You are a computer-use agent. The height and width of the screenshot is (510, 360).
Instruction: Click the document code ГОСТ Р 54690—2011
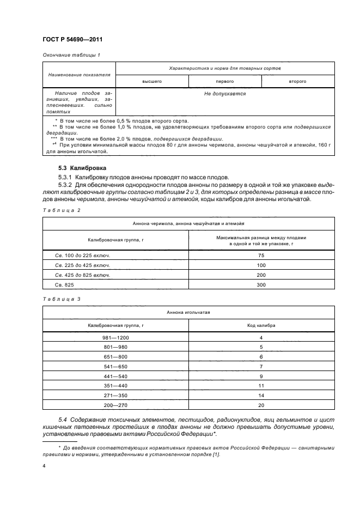pos(72,40)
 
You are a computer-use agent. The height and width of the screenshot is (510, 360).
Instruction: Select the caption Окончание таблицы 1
pos(71,55)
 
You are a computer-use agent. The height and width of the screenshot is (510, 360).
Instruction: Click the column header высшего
pos(152,81)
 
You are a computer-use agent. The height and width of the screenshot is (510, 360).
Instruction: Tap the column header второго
pos(297,81)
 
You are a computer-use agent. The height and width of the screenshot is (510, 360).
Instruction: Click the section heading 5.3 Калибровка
pos(82,168)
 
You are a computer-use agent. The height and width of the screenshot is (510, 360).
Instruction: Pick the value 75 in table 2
pos(261,255)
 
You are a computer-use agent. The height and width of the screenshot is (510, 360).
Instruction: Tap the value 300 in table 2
pos(261,285)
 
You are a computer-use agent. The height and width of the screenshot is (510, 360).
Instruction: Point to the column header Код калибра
pos(261,325)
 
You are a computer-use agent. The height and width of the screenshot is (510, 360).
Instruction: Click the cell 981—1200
pos(115,338)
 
